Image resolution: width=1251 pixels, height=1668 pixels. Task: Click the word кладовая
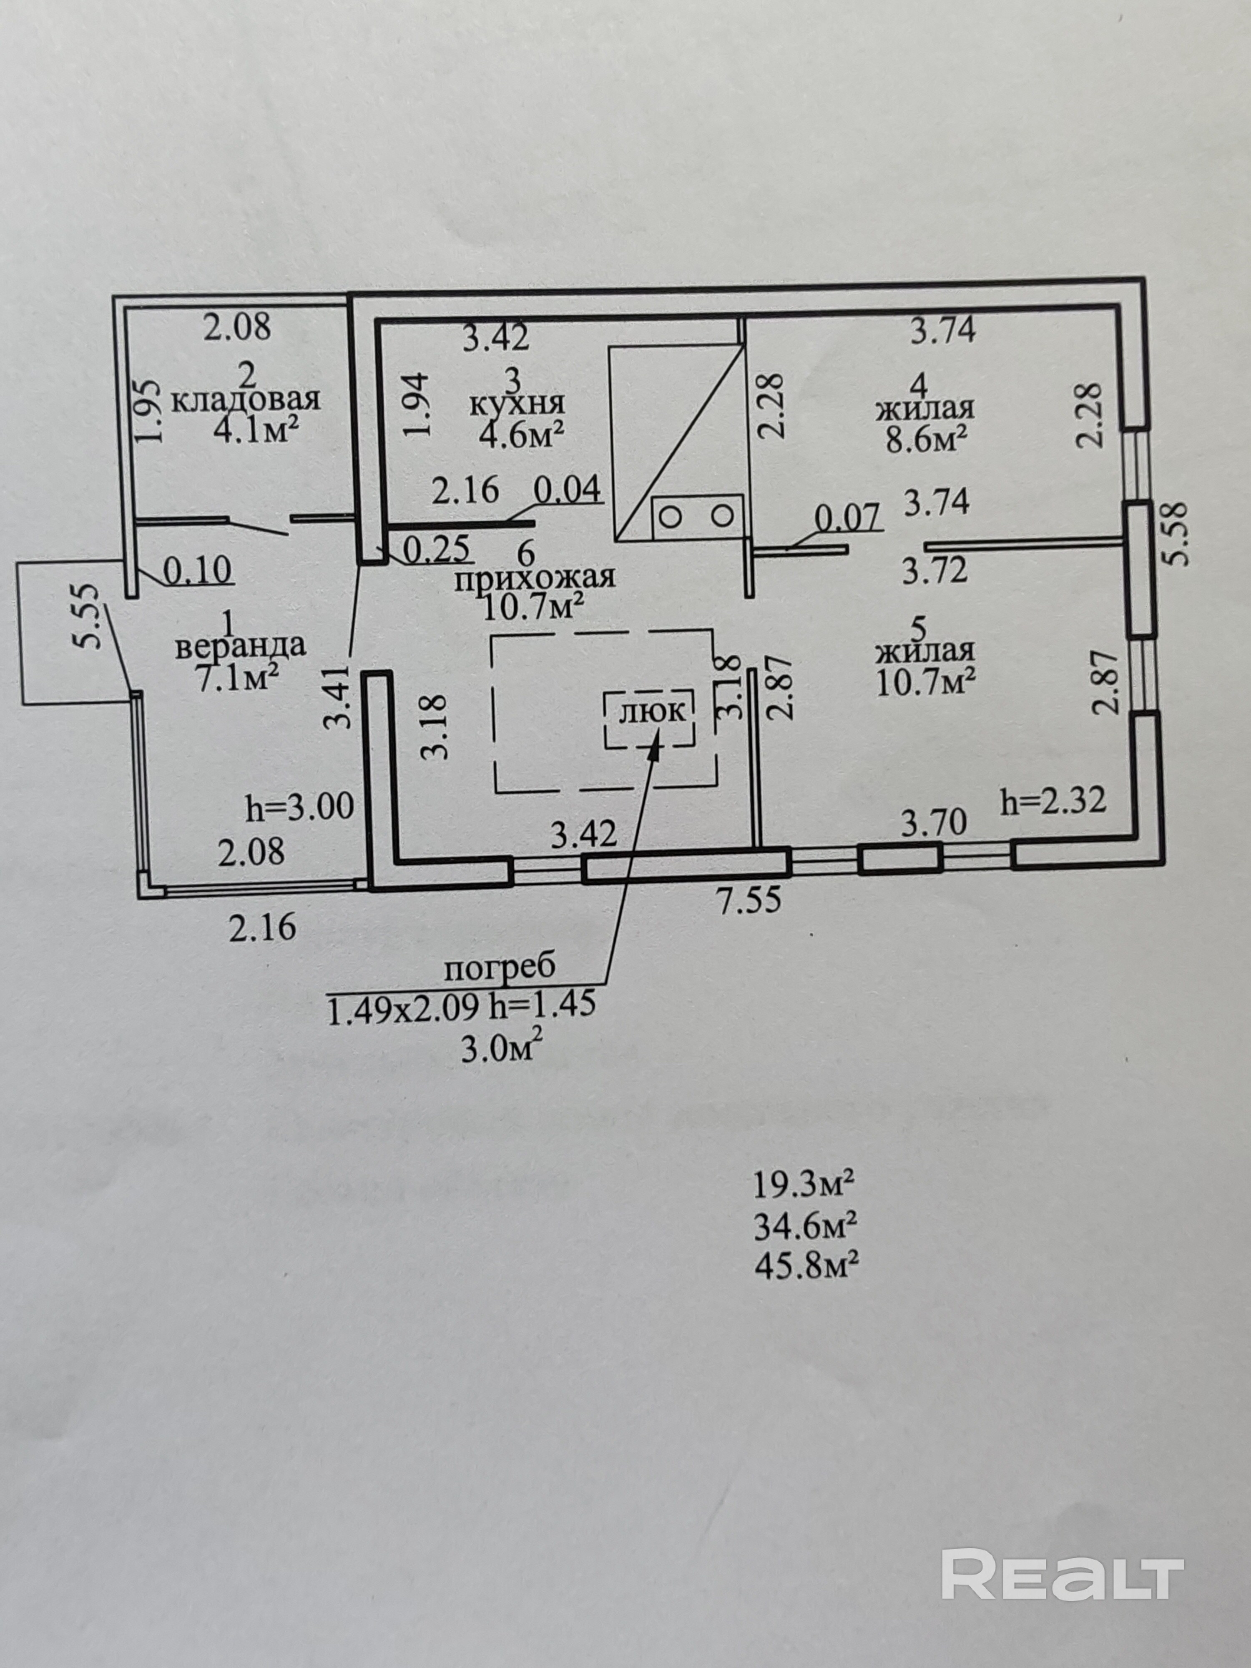(x=246, y=399)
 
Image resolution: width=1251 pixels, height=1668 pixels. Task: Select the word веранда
(x=240, y=646)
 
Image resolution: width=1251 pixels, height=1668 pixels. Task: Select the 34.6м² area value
(x=805, y=1226)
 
